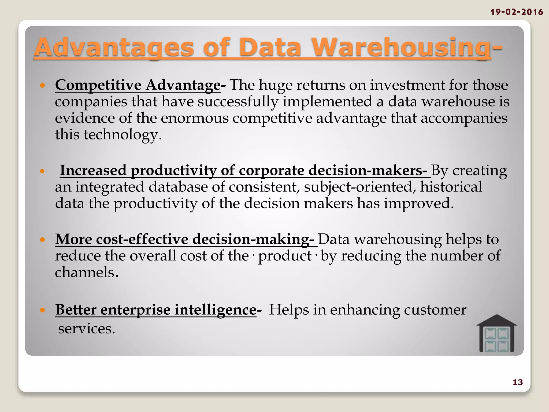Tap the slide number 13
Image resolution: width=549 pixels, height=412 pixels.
click(x=518, y=382)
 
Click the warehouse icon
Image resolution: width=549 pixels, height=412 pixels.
click(x=496, y=334)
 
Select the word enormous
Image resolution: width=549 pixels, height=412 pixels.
click(x=195, y=118)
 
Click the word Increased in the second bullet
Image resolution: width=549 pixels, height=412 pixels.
click(x=93, y=171)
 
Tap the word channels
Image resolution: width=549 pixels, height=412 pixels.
click(x=85, y=272)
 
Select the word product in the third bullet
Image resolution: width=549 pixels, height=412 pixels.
click(x=285, y=256)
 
